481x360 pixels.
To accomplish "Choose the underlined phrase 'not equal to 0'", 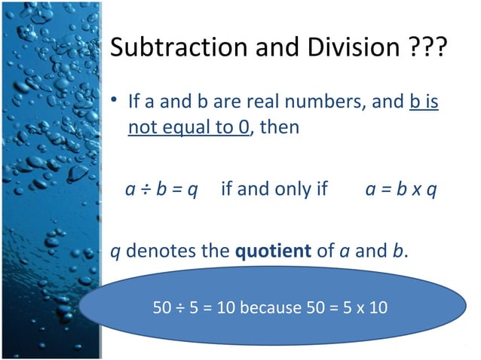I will [188, 127].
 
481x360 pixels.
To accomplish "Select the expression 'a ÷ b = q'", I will [161, 188].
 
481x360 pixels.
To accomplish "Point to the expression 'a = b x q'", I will [401, 188].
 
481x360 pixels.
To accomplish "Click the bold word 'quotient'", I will [273, 251].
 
